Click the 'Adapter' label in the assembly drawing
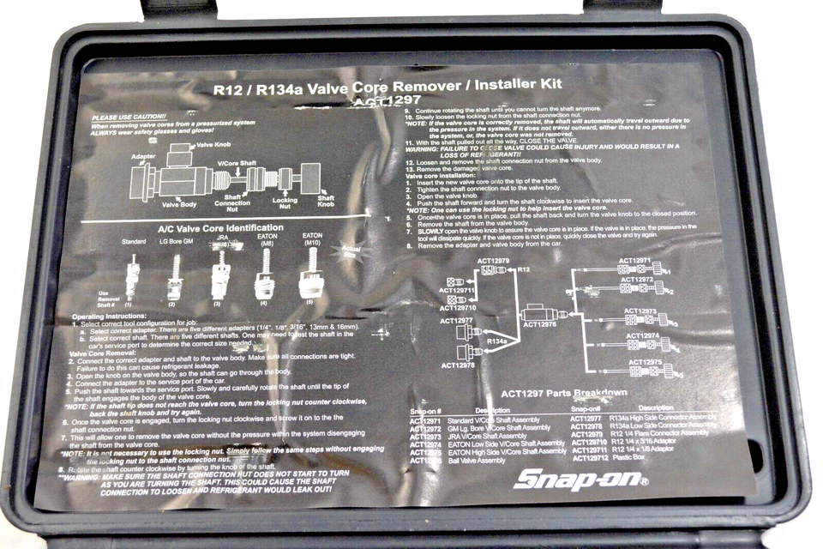143,158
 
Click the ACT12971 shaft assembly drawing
643,269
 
